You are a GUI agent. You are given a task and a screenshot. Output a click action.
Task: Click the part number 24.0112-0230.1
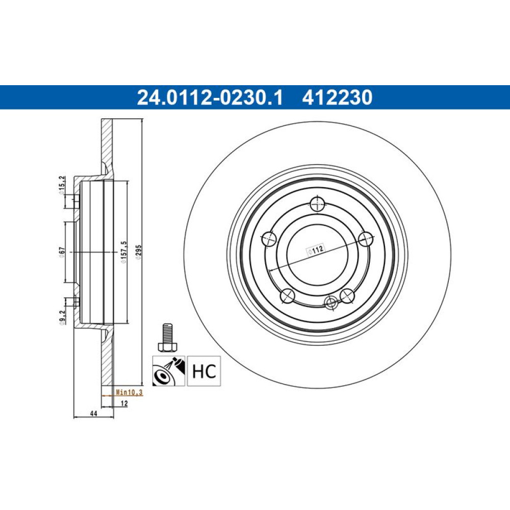click(210, 97)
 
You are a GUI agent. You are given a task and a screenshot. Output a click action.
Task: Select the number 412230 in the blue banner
click(337, 97)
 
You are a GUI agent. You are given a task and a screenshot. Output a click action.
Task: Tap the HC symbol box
click(204, 371)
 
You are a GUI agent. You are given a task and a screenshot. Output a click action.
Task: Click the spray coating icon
click(169, 371)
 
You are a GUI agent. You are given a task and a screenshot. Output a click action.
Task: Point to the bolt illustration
click(166, 337)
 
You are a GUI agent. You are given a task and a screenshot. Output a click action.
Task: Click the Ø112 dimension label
click(316, 250)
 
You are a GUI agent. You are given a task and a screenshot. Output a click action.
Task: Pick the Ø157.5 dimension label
click(123, 252)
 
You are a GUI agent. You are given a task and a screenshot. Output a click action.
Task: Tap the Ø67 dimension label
click(62, 252)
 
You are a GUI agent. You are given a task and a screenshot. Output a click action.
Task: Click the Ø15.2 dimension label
click(62, 186)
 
